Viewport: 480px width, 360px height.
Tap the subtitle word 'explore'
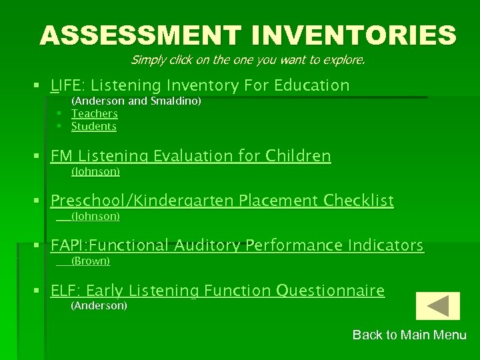(344, 60)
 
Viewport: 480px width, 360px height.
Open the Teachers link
(94, 114)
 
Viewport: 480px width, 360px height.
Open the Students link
(93, 127)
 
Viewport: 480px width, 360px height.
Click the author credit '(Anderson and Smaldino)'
(136, 101)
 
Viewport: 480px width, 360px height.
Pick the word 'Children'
(298, 156)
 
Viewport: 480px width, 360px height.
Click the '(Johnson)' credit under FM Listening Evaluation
(95, 172)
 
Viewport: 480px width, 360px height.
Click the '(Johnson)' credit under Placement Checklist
(95, 217)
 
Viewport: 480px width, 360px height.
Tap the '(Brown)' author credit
(90, 261)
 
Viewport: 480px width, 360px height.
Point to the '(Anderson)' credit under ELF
(99, 306)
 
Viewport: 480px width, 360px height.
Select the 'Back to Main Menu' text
(409, 335)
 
